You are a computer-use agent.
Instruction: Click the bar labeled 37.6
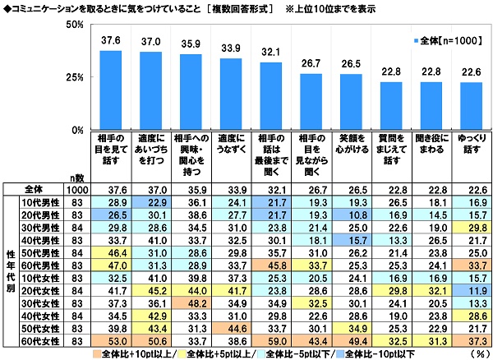[110, 90]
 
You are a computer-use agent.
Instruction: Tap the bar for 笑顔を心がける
[351, 102]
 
